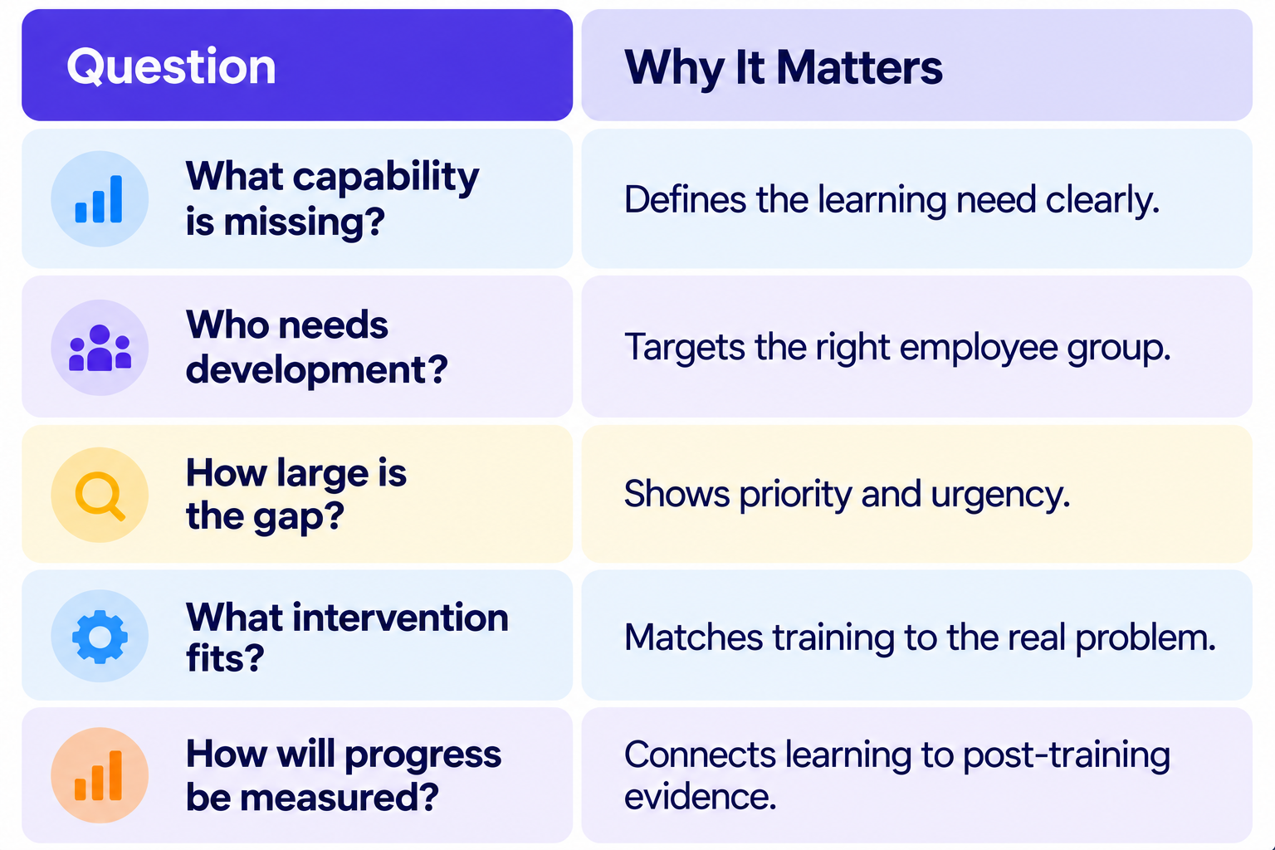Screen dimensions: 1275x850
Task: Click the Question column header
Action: click(171, 67)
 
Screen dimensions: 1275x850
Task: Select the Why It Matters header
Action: click(784, 68)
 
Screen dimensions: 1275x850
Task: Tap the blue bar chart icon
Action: click(99, 198)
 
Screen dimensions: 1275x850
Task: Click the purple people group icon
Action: click(100, 348)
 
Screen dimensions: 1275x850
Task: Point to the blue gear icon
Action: click(100, 637)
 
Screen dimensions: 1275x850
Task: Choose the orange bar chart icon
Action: click(99, 775)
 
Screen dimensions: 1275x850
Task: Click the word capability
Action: click(386, 178)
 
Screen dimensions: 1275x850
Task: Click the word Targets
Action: click(684, 347)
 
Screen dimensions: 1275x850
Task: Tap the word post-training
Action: click(1066, 757)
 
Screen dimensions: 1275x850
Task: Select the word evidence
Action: click(700, 796)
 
